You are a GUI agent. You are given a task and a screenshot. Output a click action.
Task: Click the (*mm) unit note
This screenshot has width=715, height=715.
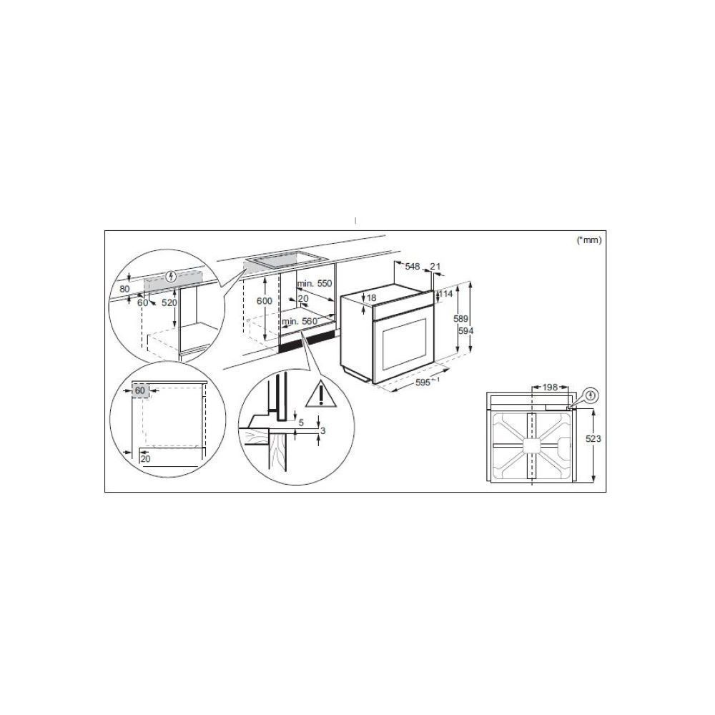[x=589, y=240]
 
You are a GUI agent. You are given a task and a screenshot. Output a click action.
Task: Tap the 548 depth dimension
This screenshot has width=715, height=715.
[x=413, y=266]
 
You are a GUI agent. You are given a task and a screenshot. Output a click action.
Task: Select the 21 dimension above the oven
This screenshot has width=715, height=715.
[x=435, y=266]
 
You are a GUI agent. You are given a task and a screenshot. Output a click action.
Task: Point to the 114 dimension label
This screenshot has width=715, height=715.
[x=445, y=294]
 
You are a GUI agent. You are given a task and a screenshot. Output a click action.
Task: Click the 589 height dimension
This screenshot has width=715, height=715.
[x=460, y=319]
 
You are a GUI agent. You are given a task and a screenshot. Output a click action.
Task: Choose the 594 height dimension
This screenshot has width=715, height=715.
[x=465, y=330]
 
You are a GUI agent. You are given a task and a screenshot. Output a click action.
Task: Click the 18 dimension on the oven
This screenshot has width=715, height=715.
[x=372, y=297]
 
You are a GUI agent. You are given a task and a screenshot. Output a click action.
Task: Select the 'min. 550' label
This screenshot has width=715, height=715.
[x=315, y=283]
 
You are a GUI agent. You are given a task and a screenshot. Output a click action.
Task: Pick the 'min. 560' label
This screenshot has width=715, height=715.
[x=300, y=322]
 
